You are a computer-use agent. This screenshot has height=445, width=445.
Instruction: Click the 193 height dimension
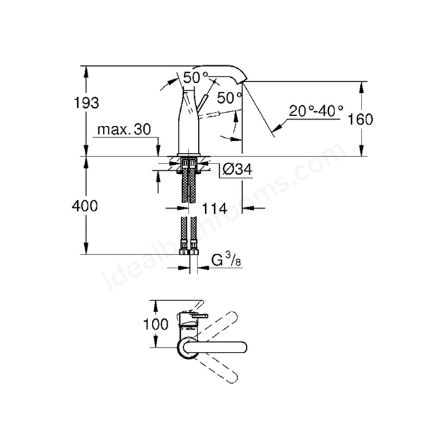pyautogui.click(x=86, y=103)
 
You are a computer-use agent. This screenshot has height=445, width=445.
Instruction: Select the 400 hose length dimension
pyautogui.click(x=85, y=206)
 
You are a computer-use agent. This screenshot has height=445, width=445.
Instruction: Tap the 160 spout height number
pyautogui.click(x=360, y=119)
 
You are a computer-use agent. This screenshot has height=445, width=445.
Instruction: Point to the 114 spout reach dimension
pyautogui.click(x=214, y=209)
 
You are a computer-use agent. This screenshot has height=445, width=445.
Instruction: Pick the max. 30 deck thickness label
pyautogui.click(x=124, y=129)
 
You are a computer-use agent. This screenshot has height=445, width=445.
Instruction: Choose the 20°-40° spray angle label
pyautogui.click(x=316, y=111)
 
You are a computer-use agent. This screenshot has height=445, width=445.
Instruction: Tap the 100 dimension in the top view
pyautogui.click(x=156, y=324)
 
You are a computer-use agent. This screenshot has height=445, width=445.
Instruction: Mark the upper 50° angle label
pyautogui.click(x=195, y=77)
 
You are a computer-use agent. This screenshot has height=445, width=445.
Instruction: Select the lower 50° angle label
pyautogui.click(x=230, y=98)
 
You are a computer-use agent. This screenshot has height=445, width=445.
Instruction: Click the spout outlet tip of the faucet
pyautogui.click(x=243, y=81)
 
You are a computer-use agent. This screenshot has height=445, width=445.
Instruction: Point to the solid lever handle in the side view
pyautogui.click(x=202, y=103)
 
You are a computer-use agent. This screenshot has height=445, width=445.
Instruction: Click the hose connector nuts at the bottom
pyautogui.click(x=189, y=252)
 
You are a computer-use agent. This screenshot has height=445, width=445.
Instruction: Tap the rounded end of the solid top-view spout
pyautogui.click(x=243, y=348)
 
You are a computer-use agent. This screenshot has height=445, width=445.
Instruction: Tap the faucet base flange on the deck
pyautogui.click(x=188, y=154)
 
